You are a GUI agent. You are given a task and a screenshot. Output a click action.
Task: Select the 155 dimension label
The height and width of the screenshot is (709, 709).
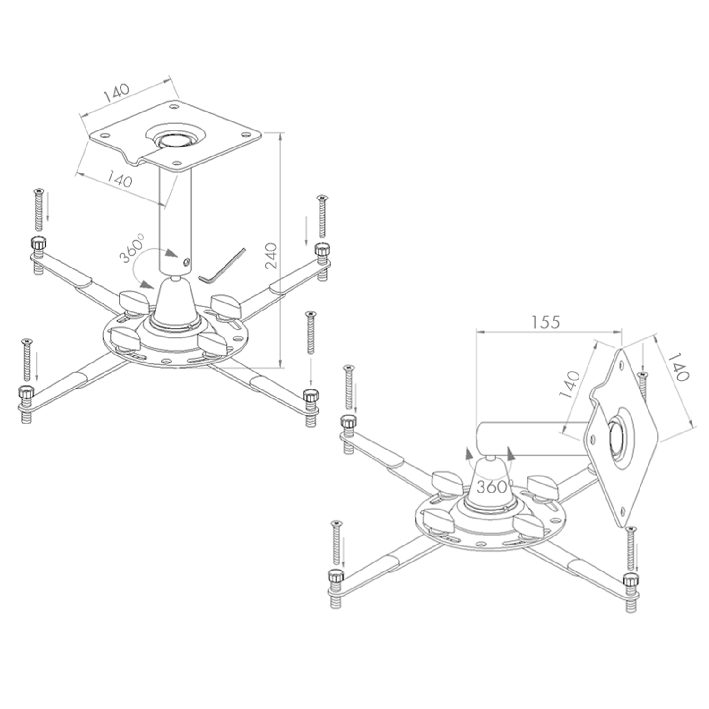[x=545, y=322]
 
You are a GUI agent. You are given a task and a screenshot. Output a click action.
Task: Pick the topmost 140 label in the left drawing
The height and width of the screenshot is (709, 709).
[x=117, y=93]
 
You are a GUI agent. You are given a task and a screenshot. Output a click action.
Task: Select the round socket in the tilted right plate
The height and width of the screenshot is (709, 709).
[x=619, y=436]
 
